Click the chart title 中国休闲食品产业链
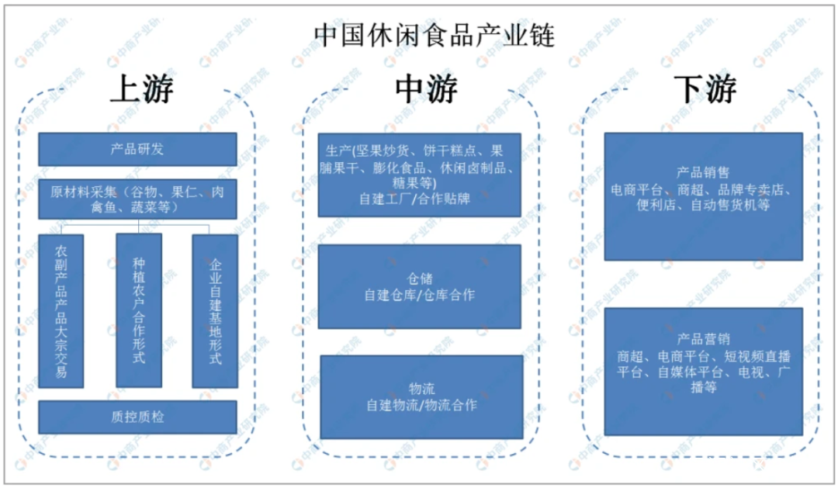pos(434,35)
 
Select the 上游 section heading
pos(142,88)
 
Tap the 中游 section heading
pos(426,88)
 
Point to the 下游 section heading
pos(705,88)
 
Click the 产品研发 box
pos(137,149)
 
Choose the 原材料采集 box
pos(137,199)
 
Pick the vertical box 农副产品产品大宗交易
pos(61,311)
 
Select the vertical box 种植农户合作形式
pos(139,310)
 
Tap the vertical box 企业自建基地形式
pos(215,311)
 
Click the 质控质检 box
pos(137,417)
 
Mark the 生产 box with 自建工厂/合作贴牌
pos(420,175)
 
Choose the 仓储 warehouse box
pos(420,286)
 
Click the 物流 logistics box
pos(421,397)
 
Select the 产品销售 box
pos(703,197)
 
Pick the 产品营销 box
pos(703,372)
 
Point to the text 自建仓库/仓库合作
pos(420,295)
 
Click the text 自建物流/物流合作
pos(421,406)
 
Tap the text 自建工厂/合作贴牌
pos(414,199)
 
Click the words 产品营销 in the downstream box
pos(703,339)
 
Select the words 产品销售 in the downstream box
pos(703,173)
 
